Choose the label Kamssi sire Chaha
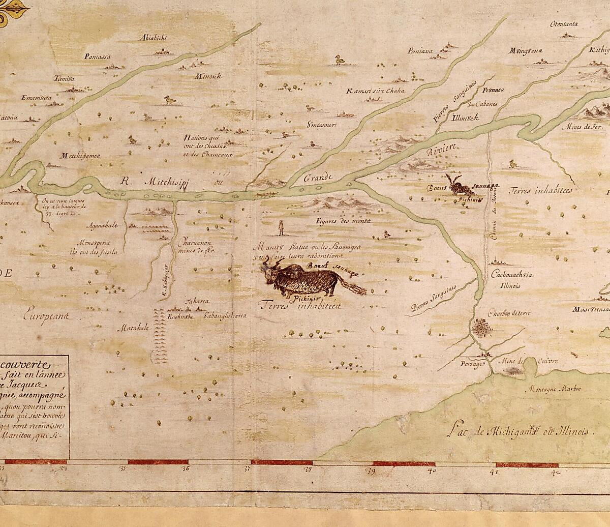click(x=376, y=91)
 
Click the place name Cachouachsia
click(x=511, y=275)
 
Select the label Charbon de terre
click(x=509, y=313)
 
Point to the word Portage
click(x=471, y=364)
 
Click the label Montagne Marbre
click(x=559, y=389)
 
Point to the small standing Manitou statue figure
click(x=281, y=228)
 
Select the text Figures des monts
click(x=343, y=221)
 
